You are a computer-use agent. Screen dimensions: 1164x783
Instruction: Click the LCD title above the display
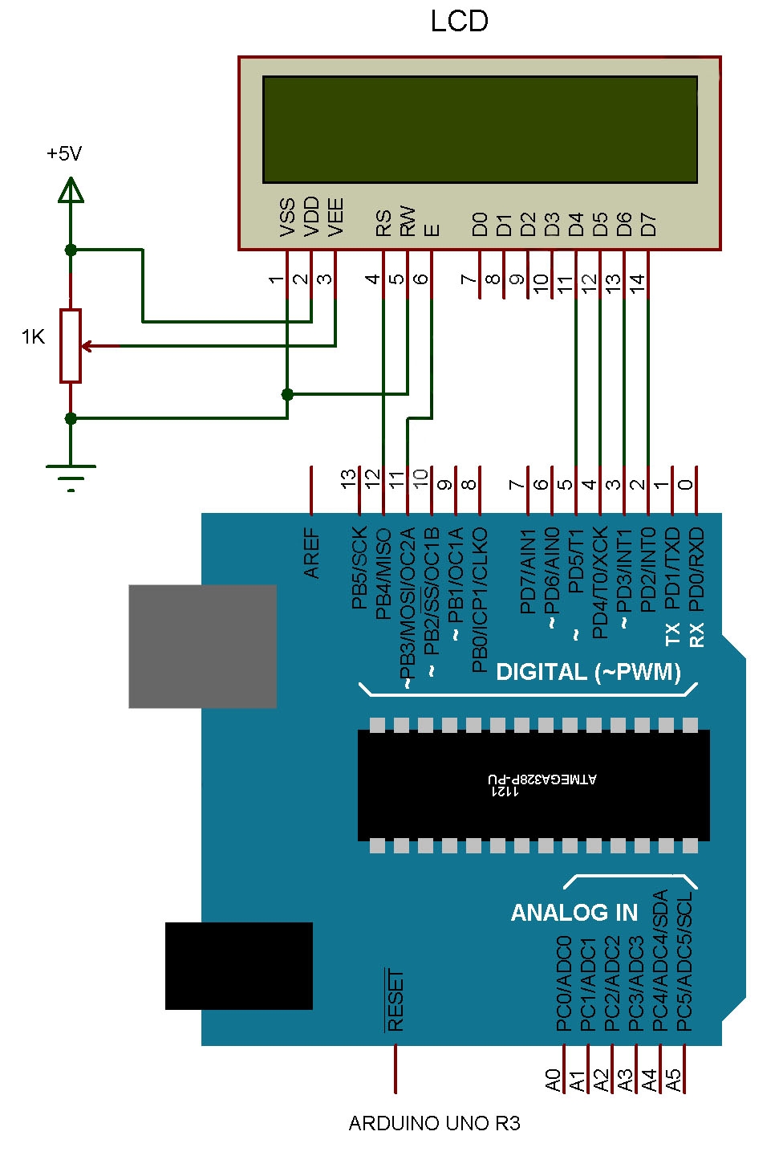click(x=459, y=22)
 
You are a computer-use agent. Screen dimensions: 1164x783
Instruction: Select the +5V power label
click(x=64, y=153)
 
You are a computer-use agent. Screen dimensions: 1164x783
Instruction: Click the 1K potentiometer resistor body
click(x=71, y=345)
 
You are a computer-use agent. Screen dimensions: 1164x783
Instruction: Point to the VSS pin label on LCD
click(x=287, y=217)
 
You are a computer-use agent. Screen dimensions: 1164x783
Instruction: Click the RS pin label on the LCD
click(x=383, y=222)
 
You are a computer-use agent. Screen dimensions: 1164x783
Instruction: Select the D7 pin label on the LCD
click(x=648, y=224)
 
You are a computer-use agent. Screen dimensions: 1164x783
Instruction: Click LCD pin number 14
click(x=637, y=281)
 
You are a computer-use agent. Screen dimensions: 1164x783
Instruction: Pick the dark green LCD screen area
click(x=480, y=129)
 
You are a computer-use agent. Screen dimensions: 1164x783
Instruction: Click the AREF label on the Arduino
click(x=312, y=553)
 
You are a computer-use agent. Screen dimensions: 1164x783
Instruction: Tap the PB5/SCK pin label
click(x=359, y=567)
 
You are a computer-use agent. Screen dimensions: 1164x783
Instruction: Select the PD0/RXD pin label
click(x=696, y=569)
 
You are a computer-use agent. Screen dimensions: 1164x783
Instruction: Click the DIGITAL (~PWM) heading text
click(x=588, y=672)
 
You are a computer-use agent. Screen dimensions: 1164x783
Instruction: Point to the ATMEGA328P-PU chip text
click(x=542, y=779)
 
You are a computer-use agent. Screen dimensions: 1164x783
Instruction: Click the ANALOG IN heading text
click(x=574, y=913)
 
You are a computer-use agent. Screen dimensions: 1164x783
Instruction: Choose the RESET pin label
click(x=396, y=1000)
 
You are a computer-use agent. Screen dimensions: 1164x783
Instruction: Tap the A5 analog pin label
click(x=674, y=1080)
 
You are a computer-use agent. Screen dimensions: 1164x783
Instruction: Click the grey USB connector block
click(x=202, y=646)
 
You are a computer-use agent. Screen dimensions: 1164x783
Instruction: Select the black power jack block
click(x=238, y=966)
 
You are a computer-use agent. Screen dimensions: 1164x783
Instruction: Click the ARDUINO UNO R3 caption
click(x=434, y=1123)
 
